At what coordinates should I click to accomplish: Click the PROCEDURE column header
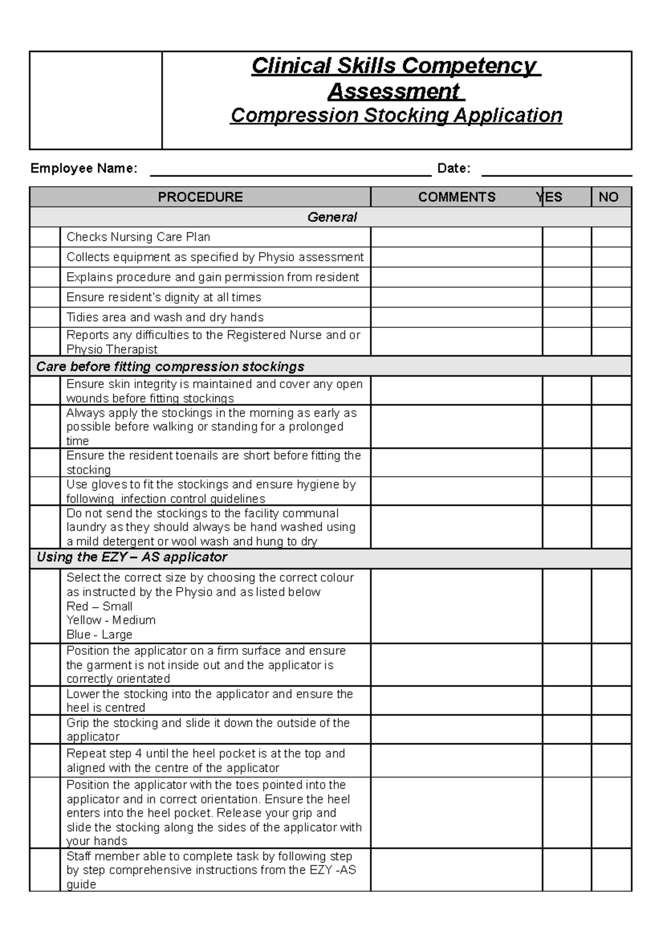tap(200, 197)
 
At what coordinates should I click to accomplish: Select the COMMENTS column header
tap(456, 197)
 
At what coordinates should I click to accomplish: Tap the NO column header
tap(608, 197)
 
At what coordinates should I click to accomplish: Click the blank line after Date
tap(556, 169)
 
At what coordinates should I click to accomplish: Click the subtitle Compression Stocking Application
tap(396, 115)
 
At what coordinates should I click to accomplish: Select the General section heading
tap(331, 217)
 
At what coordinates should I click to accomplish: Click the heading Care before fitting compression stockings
tap(170, 366)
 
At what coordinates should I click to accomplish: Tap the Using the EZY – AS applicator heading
tap(132, 557)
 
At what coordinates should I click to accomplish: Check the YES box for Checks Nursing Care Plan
tap(566, 237)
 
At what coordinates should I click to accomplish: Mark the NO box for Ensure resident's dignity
tap(611, 297)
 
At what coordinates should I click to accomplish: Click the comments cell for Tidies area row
tap(456, 317)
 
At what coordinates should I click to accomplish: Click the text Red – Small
tap(99, 606)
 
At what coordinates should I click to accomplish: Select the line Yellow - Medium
tap(110, 620)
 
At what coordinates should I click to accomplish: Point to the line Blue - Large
tap(99, 634)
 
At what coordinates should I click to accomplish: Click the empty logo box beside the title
tap(96, 100)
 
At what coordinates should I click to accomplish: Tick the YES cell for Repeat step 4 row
tap(566, 760)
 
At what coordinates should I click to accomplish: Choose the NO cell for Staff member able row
tap(611, 869)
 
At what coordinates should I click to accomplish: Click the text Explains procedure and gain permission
tap(213, 277)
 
